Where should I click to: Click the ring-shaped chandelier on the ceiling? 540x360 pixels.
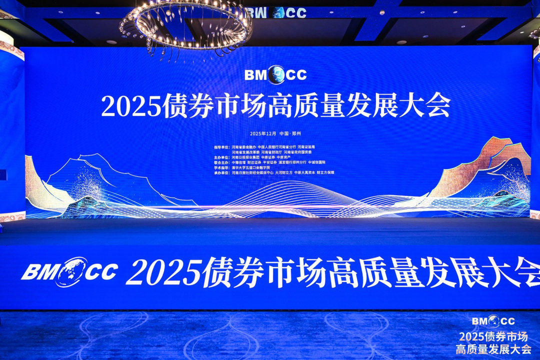click(x=186, y=25)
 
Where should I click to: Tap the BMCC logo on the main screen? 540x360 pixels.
click(x=275, y=75)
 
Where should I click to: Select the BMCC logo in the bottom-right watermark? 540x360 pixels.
click(x=493, y=321)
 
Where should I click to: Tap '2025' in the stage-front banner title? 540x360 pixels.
click(x=162, y=272)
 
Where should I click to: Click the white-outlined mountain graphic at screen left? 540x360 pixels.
click(x=100, y=180)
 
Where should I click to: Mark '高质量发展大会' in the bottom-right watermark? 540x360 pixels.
click(x=493, y=349)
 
